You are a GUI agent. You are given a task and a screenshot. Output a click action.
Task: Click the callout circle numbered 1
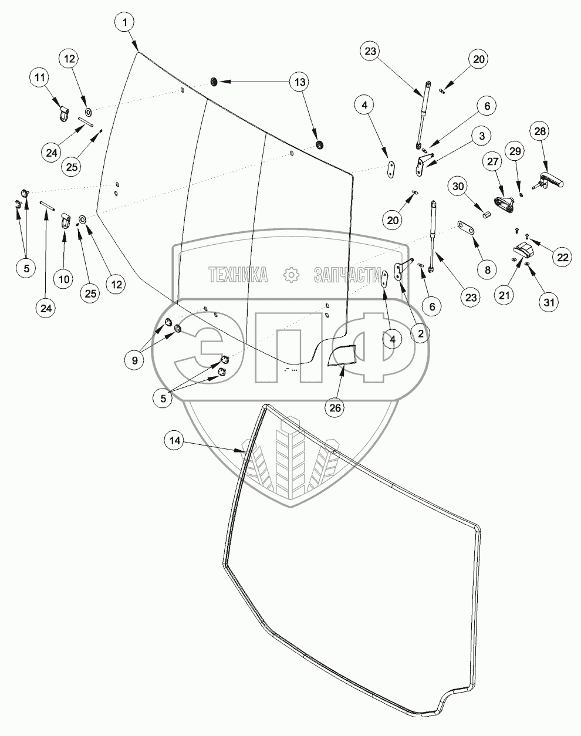click(125, 22)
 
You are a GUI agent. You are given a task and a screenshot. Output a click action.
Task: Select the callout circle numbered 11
click(40, 77)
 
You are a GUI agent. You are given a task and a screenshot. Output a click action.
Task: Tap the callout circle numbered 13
click(299, 82)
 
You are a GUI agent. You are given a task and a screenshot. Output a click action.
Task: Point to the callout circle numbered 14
click(175, 441)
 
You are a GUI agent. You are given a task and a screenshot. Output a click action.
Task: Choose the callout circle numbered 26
click(335, 408)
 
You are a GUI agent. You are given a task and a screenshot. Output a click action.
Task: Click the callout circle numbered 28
click(539, 131)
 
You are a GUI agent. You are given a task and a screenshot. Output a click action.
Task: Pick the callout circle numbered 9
click(135, 360)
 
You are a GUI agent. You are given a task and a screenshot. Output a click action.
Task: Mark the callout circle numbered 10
click(64, 279)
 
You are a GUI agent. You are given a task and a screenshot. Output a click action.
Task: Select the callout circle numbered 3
click(482, 136)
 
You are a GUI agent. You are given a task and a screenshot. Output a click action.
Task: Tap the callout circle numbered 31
click(549, 302)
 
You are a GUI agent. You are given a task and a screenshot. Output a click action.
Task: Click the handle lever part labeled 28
click(548, 180)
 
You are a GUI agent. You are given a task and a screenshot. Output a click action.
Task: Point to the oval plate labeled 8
click(465, 228)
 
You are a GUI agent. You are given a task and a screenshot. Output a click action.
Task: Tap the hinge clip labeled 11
click(63, 113)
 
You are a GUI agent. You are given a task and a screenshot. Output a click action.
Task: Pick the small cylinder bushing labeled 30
click(487, 214)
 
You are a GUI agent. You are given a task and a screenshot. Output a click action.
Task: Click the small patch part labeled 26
click(342, 355)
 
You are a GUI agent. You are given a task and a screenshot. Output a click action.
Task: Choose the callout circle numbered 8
click(487, 270)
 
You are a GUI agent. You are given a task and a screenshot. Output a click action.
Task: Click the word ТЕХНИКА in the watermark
click(238, 275)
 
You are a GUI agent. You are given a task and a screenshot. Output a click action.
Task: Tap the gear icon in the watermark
click(291, 274)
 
